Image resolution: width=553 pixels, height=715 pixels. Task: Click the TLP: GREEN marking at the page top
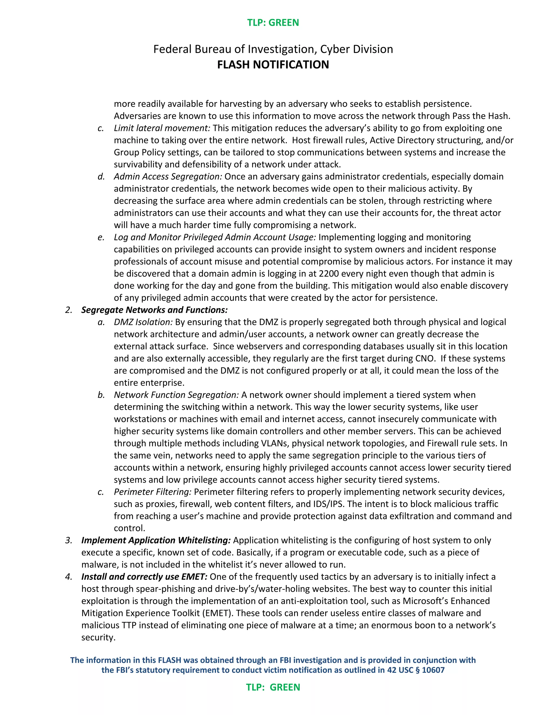(x=273, y=23)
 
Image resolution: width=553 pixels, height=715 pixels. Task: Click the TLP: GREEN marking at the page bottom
(x=273, y=687)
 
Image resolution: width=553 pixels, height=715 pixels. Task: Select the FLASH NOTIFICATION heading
(x=273, y=64)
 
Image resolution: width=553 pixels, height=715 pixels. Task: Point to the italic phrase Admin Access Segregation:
(x=168, y=176)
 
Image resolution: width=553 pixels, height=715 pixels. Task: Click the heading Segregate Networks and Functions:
(x=154, y=310)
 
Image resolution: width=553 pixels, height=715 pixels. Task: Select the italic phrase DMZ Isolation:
(x=143, y=322)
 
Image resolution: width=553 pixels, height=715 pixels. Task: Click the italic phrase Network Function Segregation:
(x=176, y=395)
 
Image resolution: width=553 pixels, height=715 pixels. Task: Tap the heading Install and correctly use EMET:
(x=144, y=577)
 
